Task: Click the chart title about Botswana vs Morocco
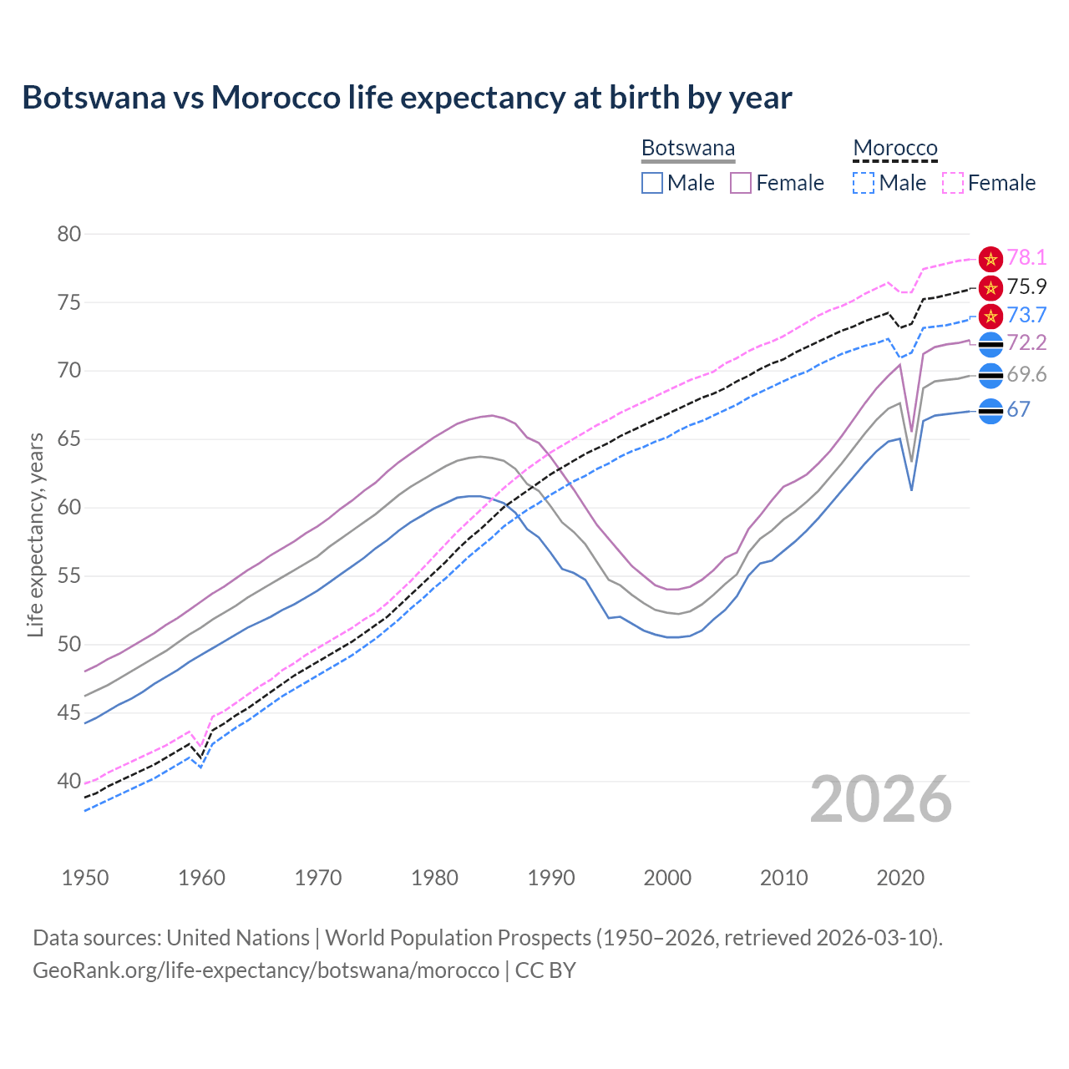tap(407, 98)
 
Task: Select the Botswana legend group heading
tap(688, 149)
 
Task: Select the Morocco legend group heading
tap(895, 149)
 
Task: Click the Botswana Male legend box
tap(652, 183)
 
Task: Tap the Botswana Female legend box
tap(741, 183)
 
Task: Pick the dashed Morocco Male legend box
tap(864, 183)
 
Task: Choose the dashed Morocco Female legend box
tap(952, 183)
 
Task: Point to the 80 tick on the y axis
tap(69, 234)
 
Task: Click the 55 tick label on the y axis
tap(69, 576)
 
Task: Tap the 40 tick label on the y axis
tap(69, 782)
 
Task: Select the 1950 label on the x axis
tap(85, 878)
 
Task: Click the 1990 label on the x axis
tap(551, 878)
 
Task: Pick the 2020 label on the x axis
tap(900, 878)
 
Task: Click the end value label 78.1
tap(1026, 258)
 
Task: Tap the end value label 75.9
tap(1026, 287)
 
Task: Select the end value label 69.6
tap(1026, 375)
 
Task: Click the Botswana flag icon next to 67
tap(990, 411)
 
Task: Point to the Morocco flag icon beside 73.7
tap(990, 316)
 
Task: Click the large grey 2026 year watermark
tap(881, 799)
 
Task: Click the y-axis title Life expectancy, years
tap(35, 534)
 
